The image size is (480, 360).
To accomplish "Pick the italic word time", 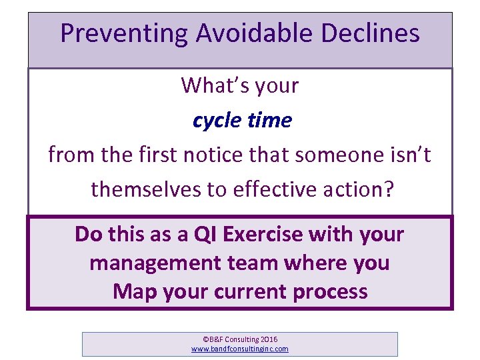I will click(x=271, y=121).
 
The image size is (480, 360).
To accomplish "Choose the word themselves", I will click(x=146, y=190).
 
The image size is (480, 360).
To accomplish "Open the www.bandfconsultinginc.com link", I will click(x=240, y=349).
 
